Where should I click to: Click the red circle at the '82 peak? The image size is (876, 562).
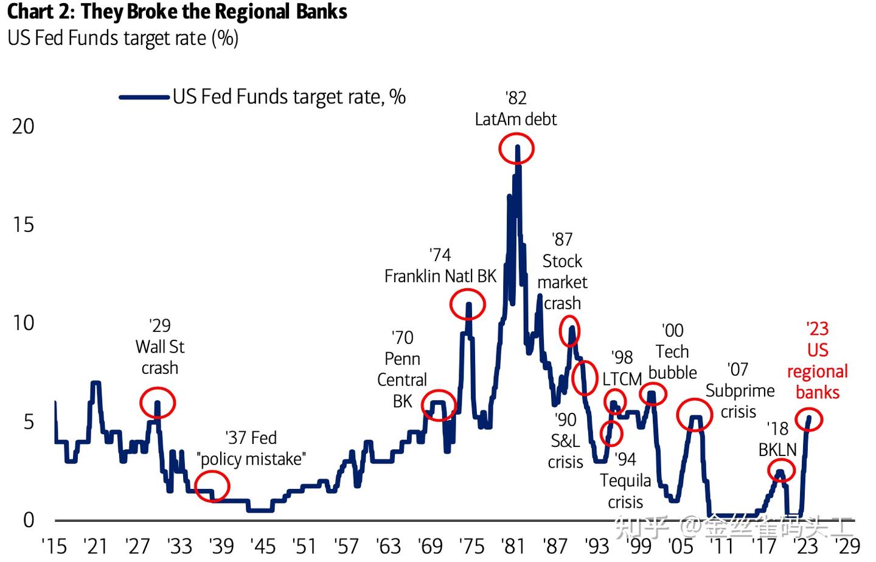[x=516, y=149]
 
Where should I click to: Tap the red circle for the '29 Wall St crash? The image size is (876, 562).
[x=158, y=402]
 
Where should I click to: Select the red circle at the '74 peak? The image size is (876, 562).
[x=468, y=304]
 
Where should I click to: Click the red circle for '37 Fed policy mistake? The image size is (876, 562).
[x=212, y=486]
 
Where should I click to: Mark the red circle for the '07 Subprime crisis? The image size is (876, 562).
[x=694, y=415]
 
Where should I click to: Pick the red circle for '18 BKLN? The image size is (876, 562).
[x=781, y=471]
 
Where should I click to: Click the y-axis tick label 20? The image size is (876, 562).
[x=23, y=127]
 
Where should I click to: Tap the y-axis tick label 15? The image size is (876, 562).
[x=23, y=225]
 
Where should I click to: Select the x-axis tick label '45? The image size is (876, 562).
[x=263, y=546]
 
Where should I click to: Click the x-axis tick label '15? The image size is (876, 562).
[x=54, y=546]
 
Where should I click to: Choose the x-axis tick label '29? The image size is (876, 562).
[x=849, y=546]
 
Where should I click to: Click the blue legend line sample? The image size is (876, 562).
[x=144, y=97]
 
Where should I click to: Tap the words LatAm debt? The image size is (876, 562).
[x=515, y=119]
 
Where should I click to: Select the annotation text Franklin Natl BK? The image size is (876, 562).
[x=440, y=276]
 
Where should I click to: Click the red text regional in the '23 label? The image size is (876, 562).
[x=817, y=371]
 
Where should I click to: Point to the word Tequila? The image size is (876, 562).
[x=625, y=481]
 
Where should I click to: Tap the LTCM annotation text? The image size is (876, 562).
[x=622, y=379]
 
